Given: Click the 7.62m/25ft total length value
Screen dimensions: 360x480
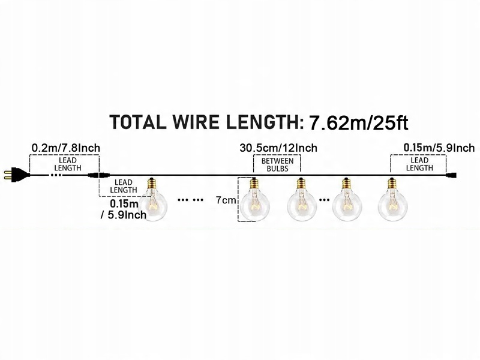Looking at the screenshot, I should click(358, 124).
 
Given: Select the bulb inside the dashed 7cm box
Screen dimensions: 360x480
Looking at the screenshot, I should click(254, 201).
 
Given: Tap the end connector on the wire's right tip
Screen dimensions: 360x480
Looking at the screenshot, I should click(454, 175).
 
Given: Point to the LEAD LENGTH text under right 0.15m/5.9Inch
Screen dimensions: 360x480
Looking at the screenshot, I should click(419, 164).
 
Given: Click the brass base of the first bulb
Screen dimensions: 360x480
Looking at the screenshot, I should click(153, 182).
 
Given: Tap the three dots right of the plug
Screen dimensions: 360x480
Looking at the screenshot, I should click(56, 176).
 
